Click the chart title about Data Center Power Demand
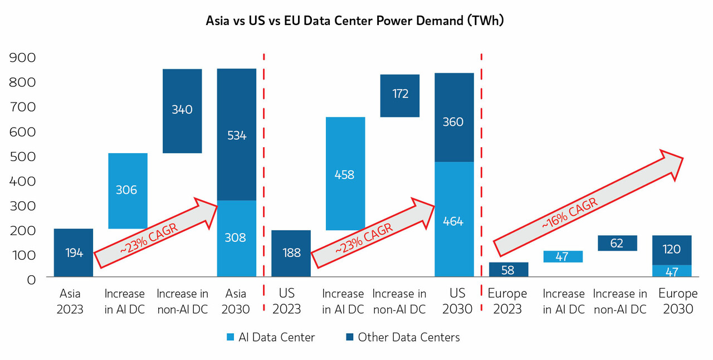(355, 21)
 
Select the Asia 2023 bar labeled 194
(74, 252)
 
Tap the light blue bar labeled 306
(128, 191)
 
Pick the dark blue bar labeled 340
(182, 110)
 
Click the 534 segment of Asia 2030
(237, 134)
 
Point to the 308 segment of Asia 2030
(237, 238)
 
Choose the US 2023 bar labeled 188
(291, 253)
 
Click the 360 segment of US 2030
(454, 121)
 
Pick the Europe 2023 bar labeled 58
(509, 270)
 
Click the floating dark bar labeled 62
(617, 243)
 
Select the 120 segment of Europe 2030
(671, 249)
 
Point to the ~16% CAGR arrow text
(570, 213)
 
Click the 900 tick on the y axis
(23, 57)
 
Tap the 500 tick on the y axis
(23, 156)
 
